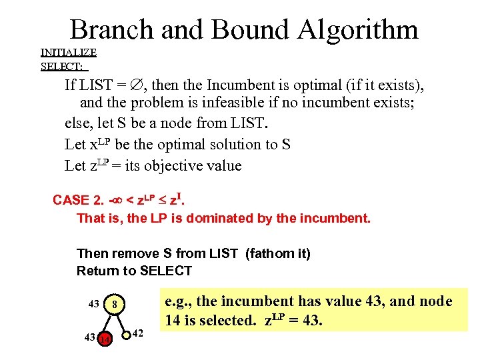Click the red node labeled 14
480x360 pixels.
point(104,339)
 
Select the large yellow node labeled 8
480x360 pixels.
point(115,305)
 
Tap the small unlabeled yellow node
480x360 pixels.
point(127,334)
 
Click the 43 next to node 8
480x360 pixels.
point(94,305)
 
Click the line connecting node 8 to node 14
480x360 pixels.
point(109,323)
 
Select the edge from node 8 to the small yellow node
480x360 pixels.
point(121,320)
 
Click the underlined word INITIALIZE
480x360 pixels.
point(69,53)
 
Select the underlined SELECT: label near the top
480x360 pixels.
point(62,66)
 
